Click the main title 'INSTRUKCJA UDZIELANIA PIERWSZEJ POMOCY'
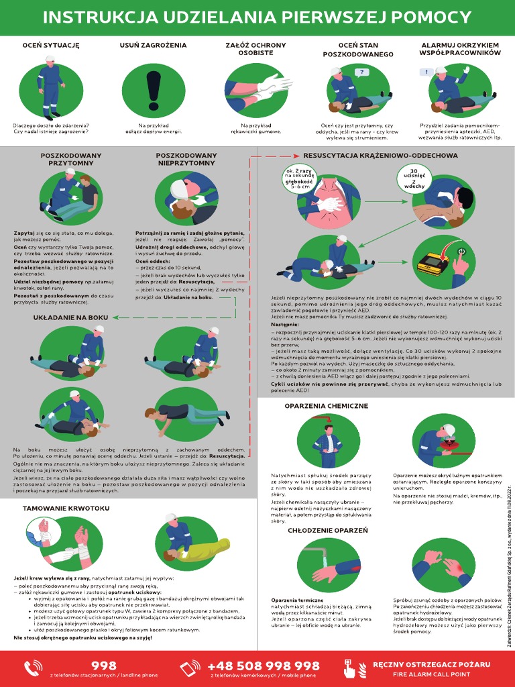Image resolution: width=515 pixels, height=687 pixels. click(x=257, y=17)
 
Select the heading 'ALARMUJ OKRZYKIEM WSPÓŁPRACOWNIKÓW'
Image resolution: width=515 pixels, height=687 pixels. click(x=460, y=49)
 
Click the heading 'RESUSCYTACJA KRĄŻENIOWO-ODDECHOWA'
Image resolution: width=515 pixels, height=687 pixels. click(x=380, y=156)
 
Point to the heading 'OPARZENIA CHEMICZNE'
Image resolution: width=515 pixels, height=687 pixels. click(x=325, y=407)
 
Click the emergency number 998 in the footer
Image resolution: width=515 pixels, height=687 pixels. click(x=103, y=666)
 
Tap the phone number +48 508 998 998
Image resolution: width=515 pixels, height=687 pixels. click(x=264, y=666)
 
